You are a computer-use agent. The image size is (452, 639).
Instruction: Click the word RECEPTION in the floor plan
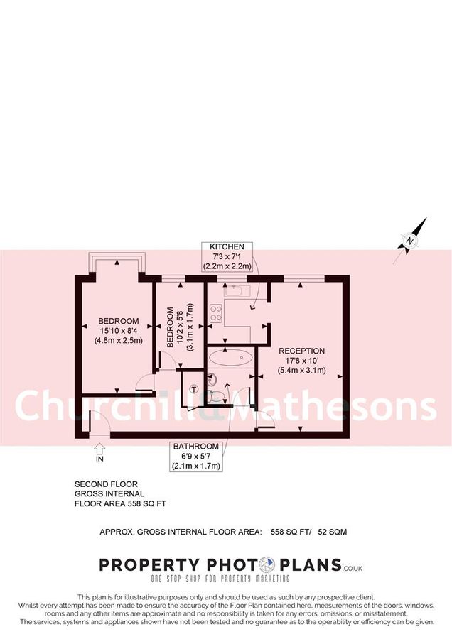[301, 351]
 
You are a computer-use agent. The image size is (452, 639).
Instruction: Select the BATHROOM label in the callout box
[195, 447]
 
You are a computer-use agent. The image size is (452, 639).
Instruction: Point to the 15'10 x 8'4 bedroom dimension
[119, 331]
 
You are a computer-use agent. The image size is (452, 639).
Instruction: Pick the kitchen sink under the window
[234, 290]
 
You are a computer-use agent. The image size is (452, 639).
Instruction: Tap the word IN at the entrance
[98, 459]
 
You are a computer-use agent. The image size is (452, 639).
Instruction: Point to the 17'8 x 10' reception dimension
[301, 361]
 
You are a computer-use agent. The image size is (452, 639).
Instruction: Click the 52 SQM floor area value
[333, 531]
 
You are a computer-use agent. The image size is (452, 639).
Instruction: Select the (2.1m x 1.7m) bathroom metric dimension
[195, 466]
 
